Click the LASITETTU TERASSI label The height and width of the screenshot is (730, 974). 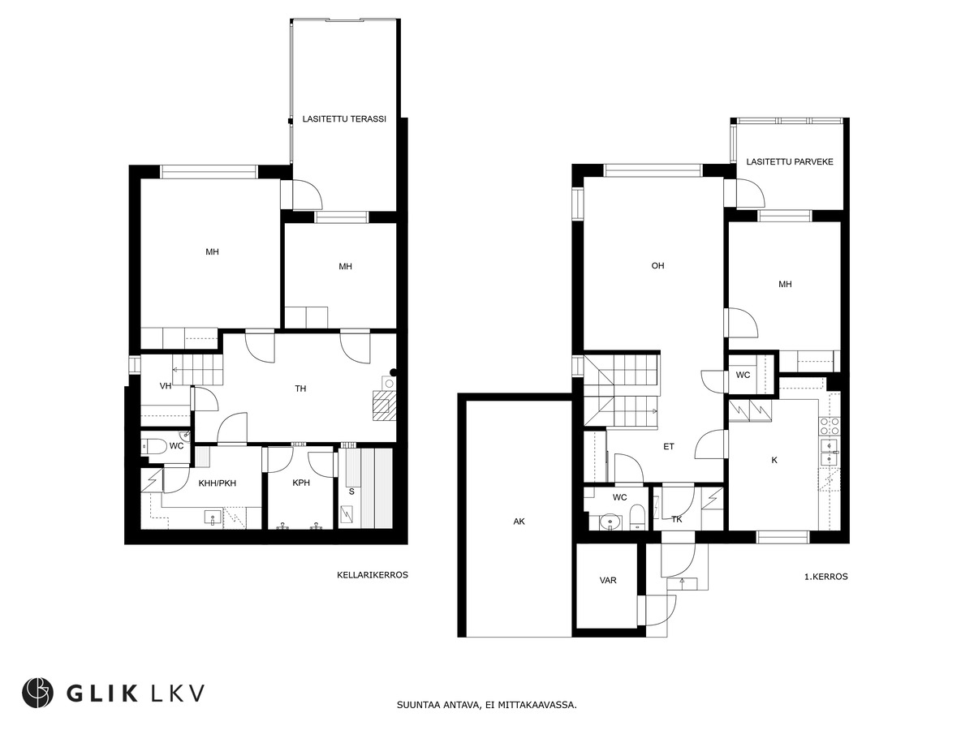pos(344,118)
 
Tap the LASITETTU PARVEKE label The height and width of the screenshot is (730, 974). pos(790,161)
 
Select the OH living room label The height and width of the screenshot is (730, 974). pos(657,265)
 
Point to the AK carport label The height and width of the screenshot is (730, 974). pos(519,522)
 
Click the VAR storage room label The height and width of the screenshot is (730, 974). pos(607,580)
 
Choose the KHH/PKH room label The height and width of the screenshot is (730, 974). pos(217,483)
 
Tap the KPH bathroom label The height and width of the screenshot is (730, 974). pos(301,483)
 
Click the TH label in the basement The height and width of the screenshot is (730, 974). pos(300,389)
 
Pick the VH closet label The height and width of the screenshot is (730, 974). pos(166,386)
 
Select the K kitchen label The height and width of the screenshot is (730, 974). pos(774,460)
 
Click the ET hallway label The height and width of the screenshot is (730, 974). pos(668,447)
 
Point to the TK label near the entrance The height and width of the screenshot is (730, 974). pos(676,519)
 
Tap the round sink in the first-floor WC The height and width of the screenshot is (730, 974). pos(610,522)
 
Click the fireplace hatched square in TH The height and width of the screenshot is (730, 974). pos(384,405)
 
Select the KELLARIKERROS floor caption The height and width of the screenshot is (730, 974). pos(373,575)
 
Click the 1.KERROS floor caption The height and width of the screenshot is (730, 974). pos(825,577)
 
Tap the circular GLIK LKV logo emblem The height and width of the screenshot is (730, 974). pos(37,693)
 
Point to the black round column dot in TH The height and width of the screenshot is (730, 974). pos(393,372)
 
